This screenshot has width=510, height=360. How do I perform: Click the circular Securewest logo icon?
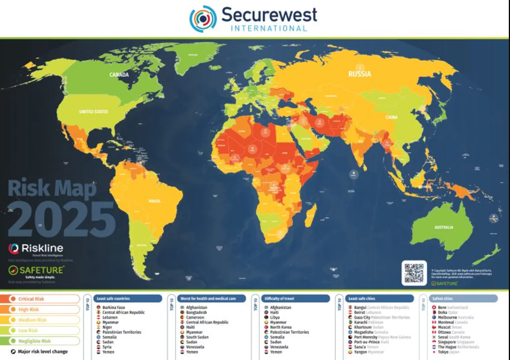[x=203, y=18]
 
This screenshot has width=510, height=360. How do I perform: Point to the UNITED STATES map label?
[x=94, y=111]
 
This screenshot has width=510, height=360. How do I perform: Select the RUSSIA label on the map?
[x=360, y=74]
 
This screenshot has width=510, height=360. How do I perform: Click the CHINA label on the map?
[x=391, y=117]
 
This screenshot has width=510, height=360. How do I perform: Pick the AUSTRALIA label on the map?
[x=443, y=227]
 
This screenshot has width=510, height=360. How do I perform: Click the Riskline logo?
[x=36, y=249]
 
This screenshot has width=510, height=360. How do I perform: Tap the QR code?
[x=413, y=272]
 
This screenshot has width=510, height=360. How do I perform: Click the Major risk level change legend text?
[x=42, y=352]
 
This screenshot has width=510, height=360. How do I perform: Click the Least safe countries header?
[x=113, y=298]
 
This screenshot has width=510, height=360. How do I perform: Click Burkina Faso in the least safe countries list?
[x=113, y=308]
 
